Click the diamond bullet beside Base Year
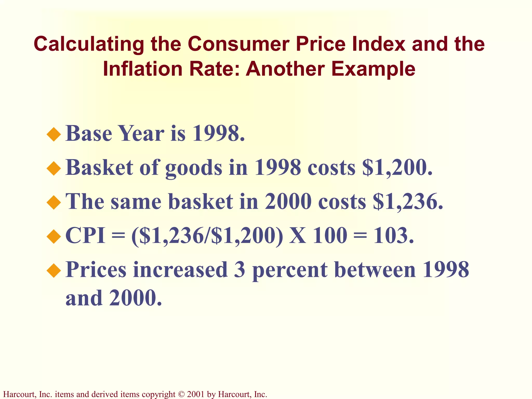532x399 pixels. click(54, 134)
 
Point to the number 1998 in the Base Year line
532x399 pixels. click(218, 134)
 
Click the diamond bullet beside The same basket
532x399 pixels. click(54, 202)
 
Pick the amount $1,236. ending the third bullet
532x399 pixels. click(408, 202)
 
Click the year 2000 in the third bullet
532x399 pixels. click(288, 202)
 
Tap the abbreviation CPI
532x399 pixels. click(85, 236)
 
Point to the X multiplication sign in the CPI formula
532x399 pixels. click(298, 236)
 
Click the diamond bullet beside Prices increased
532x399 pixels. click(54, 271)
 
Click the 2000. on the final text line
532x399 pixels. click(135, 298)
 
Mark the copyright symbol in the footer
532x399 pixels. click(181, 394)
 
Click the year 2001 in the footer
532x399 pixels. click(195, 394)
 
